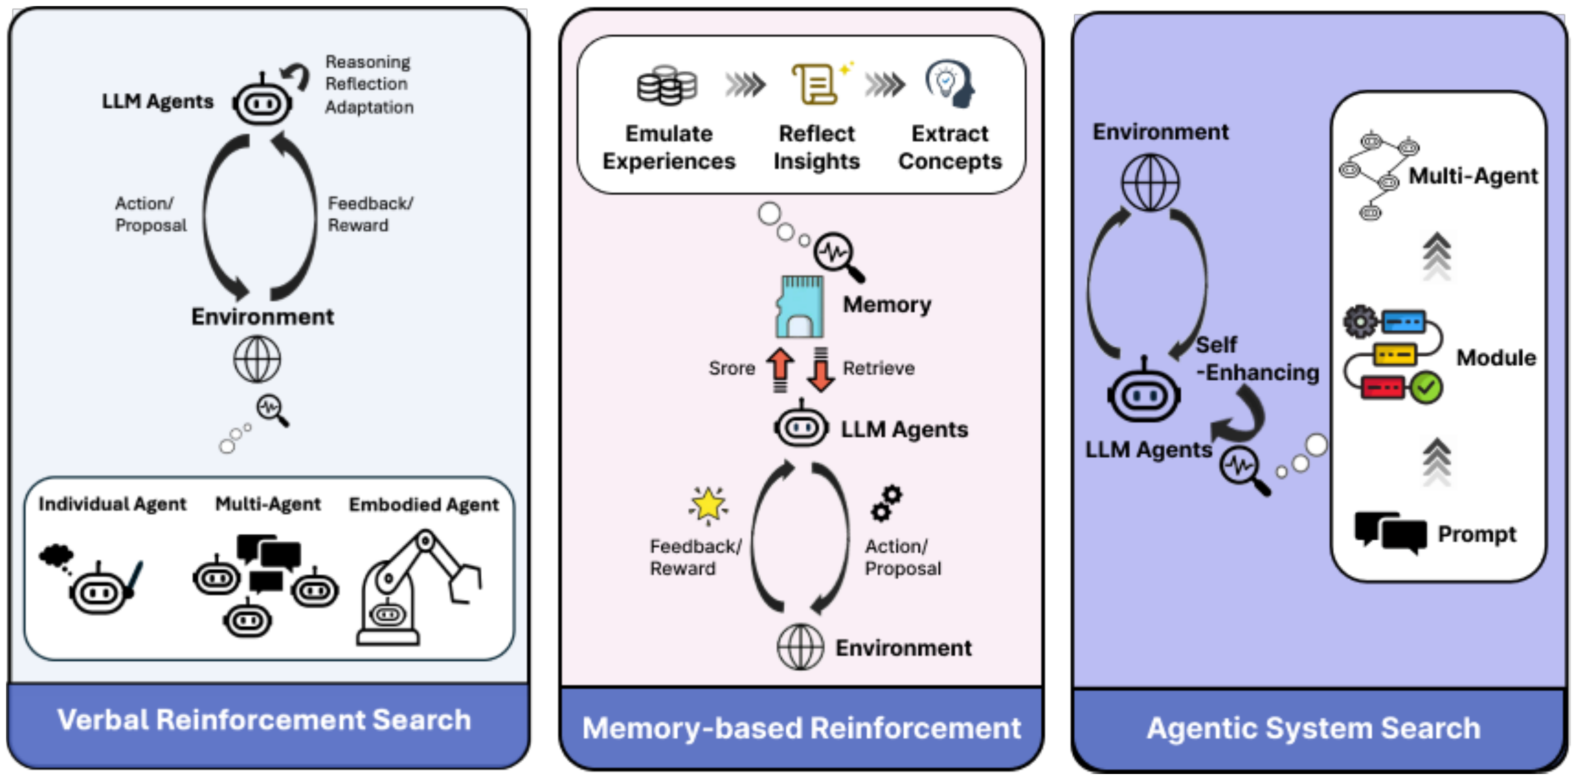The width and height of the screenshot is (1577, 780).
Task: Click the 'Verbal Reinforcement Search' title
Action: coord(264,720)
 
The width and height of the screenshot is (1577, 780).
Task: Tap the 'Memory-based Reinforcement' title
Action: coord(801,728)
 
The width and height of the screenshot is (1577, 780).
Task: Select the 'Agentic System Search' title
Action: coord(1313,728)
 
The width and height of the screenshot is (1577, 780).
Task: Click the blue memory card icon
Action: coord(799,306)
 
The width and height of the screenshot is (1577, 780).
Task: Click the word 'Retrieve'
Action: coord(878,368)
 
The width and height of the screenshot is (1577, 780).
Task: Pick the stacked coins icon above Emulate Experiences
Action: coord(667,85)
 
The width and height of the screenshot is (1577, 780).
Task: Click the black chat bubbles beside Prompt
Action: coord(1390,531)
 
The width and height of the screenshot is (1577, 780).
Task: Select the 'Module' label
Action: coord(1496,358)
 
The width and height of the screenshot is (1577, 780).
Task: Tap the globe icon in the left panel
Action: coord(257,359)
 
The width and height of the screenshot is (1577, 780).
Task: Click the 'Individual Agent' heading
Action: coord(112,504)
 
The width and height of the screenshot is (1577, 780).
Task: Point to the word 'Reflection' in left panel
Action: coord(366,84)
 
